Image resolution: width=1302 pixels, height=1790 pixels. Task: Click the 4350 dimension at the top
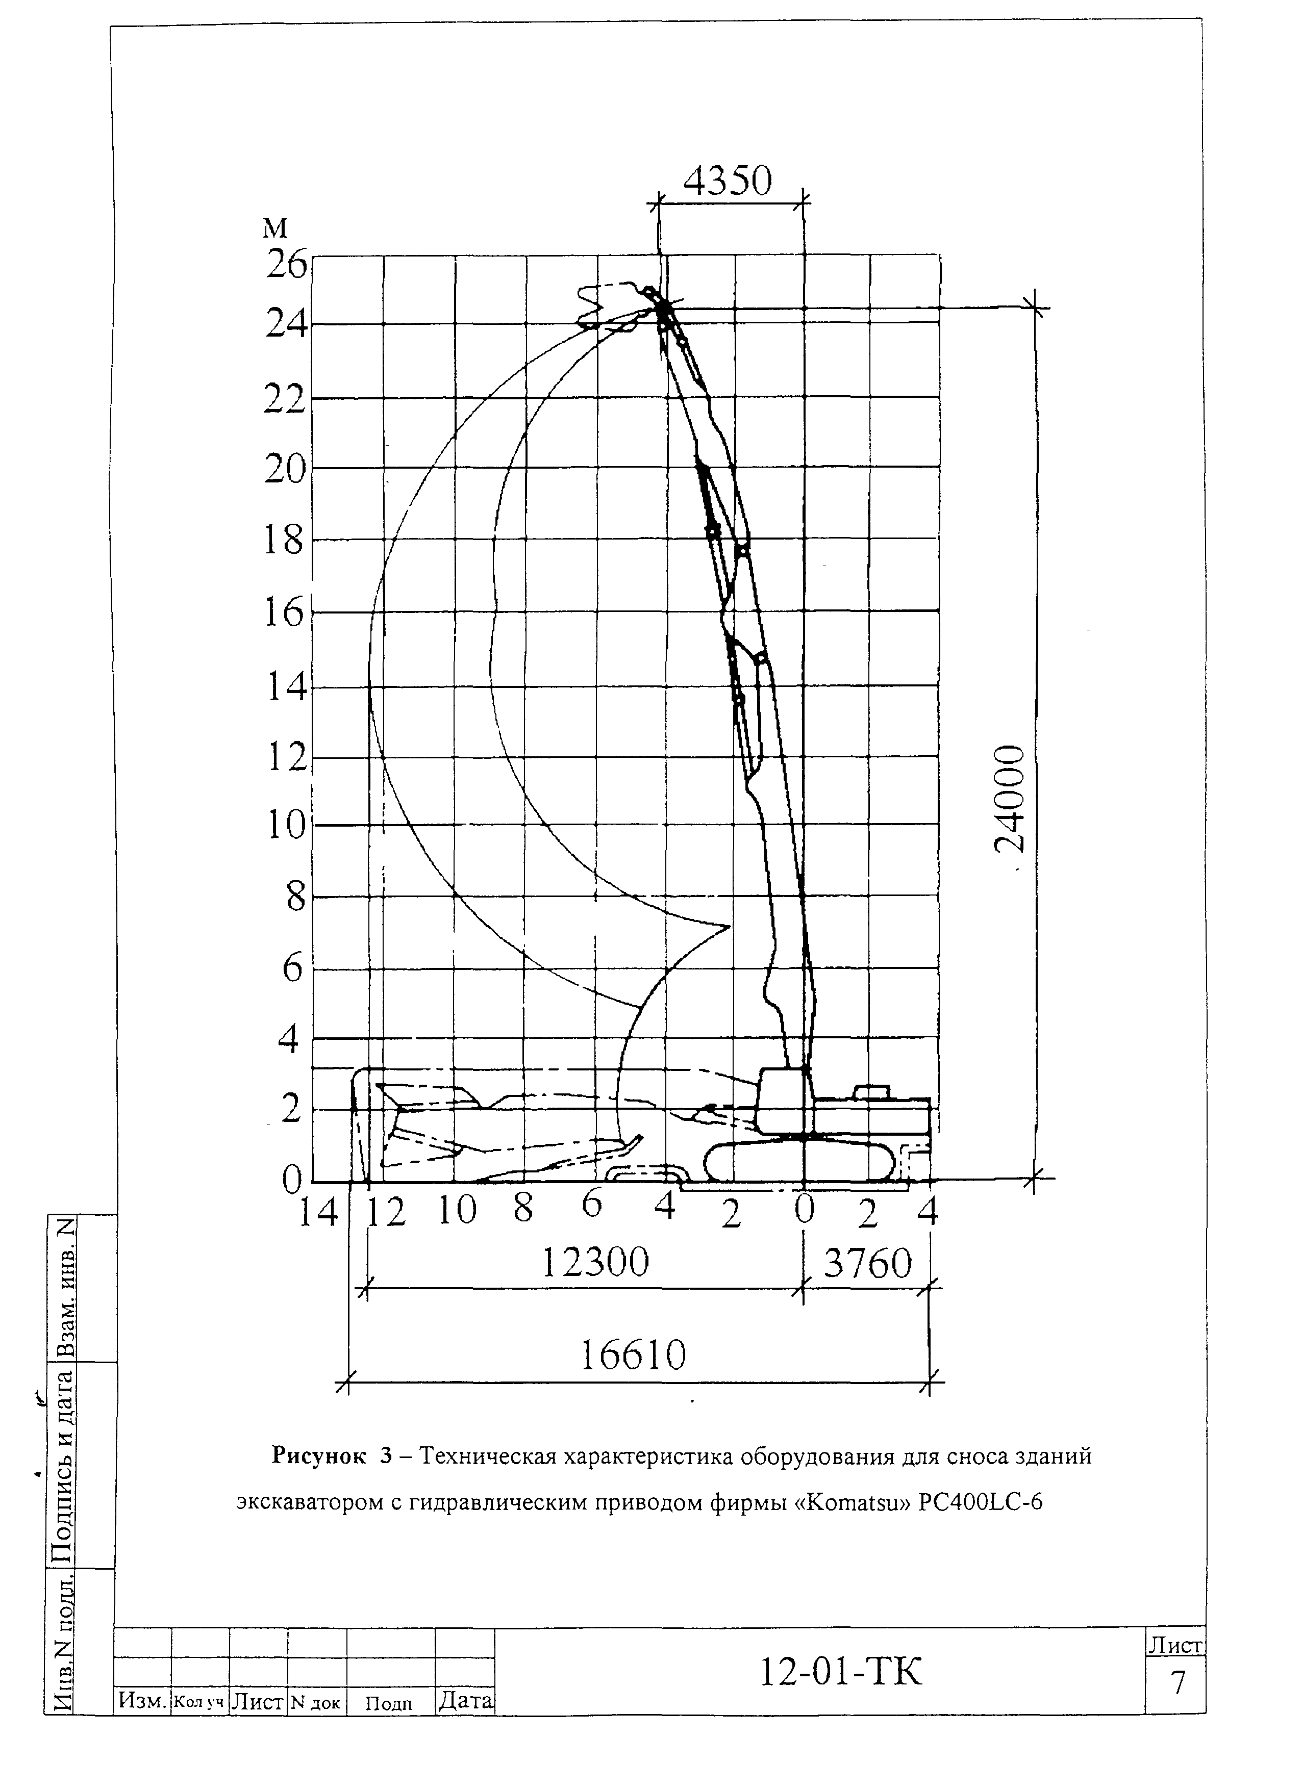(727, 182)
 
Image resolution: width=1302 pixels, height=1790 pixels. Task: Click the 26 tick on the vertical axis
(285, 264)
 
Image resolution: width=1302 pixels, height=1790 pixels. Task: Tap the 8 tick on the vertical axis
(294, 897)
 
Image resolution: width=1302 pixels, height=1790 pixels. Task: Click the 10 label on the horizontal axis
(458, 1211)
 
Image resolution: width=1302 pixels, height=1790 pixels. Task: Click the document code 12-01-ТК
(840, 1672)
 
